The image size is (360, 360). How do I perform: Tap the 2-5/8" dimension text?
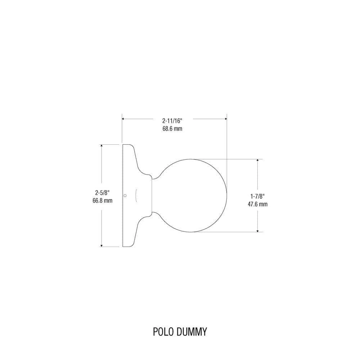(102, 193)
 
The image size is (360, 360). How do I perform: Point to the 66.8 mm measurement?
(102, 201)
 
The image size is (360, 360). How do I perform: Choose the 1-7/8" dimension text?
(258, 196)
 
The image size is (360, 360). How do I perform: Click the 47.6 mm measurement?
(258, 204)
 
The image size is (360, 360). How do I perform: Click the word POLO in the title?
(163, 332)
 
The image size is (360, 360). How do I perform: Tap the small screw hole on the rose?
(125, 196)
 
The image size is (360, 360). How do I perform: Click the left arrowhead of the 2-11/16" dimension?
(123, 118)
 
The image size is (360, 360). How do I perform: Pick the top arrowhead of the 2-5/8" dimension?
(102, 146)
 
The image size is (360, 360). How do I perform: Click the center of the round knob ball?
(191, 195)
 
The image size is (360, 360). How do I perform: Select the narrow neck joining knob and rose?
(153, 195)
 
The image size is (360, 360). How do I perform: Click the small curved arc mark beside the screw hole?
(136, 195)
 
